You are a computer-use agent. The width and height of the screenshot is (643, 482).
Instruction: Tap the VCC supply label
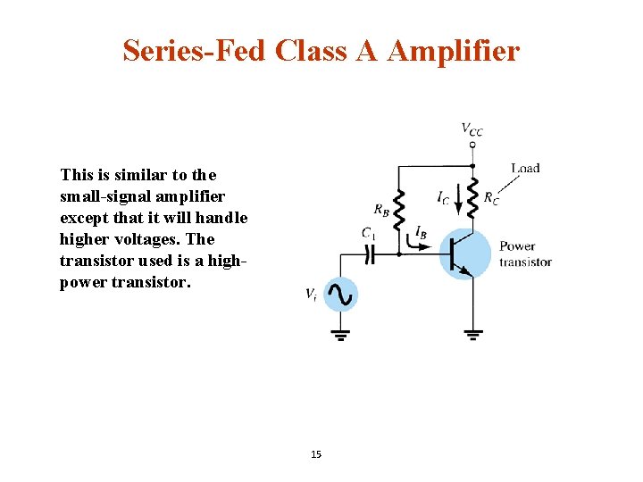coord(472,130)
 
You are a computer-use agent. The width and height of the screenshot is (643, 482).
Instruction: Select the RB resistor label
coord(381,211)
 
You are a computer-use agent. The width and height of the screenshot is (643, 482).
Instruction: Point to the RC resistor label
coord(490,197)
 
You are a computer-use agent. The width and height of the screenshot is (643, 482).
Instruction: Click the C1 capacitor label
coord(368,233)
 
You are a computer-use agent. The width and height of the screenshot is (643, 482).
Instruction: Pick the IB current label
coord(421,232)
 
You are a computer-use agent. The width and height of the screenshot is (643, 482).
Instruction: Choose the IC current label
coord(444,197)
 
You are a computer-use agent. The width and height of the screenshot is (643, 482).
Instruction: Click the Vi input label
coord(310,294)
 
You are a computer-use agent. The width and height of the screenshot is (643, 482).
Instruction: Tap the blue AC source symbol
coord(340,294)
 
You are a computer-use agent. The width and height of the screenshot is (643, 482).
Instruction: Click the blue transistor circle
coord(464,253)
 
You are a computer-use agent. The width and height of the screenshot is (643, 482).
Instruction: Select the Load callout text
coord(525,168)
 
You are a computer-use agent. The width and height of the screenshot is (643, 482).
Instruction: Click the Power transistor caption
coord(525,253)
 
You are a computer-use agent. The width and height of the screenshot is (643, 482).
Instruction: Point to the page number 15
coord(316,454)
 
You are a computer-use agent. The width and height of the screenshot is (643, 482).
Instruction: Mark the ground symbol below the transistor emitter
coord(472,334)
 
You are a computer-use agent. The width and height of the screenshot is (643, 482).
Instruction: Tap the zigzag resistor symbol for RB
coord(399,211)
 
